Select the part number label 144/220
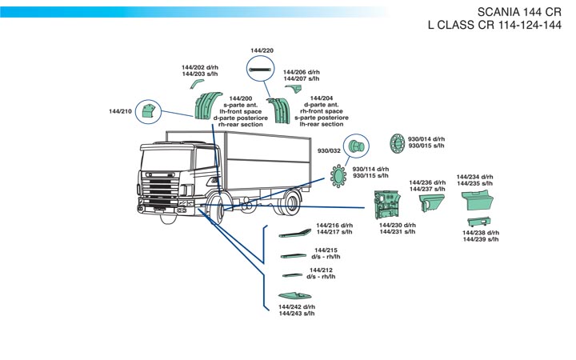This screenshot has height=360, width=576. coord(262,50)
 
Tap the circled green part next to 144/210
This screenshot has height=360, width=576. coord(146,113)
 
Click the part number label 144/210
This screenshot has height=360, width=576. coord(121,111)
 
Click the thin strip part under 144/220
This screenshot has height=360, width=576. coord(261,70)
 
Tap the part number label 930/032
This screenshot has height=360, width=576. coord(330,150)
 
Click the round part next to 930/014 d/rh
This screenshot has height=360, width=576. coord(397,143)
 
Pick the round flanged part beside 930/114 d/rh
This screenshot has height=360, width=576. coord(338,174)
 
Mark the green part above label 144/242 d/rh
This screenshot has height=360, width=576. coord(294,296)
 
